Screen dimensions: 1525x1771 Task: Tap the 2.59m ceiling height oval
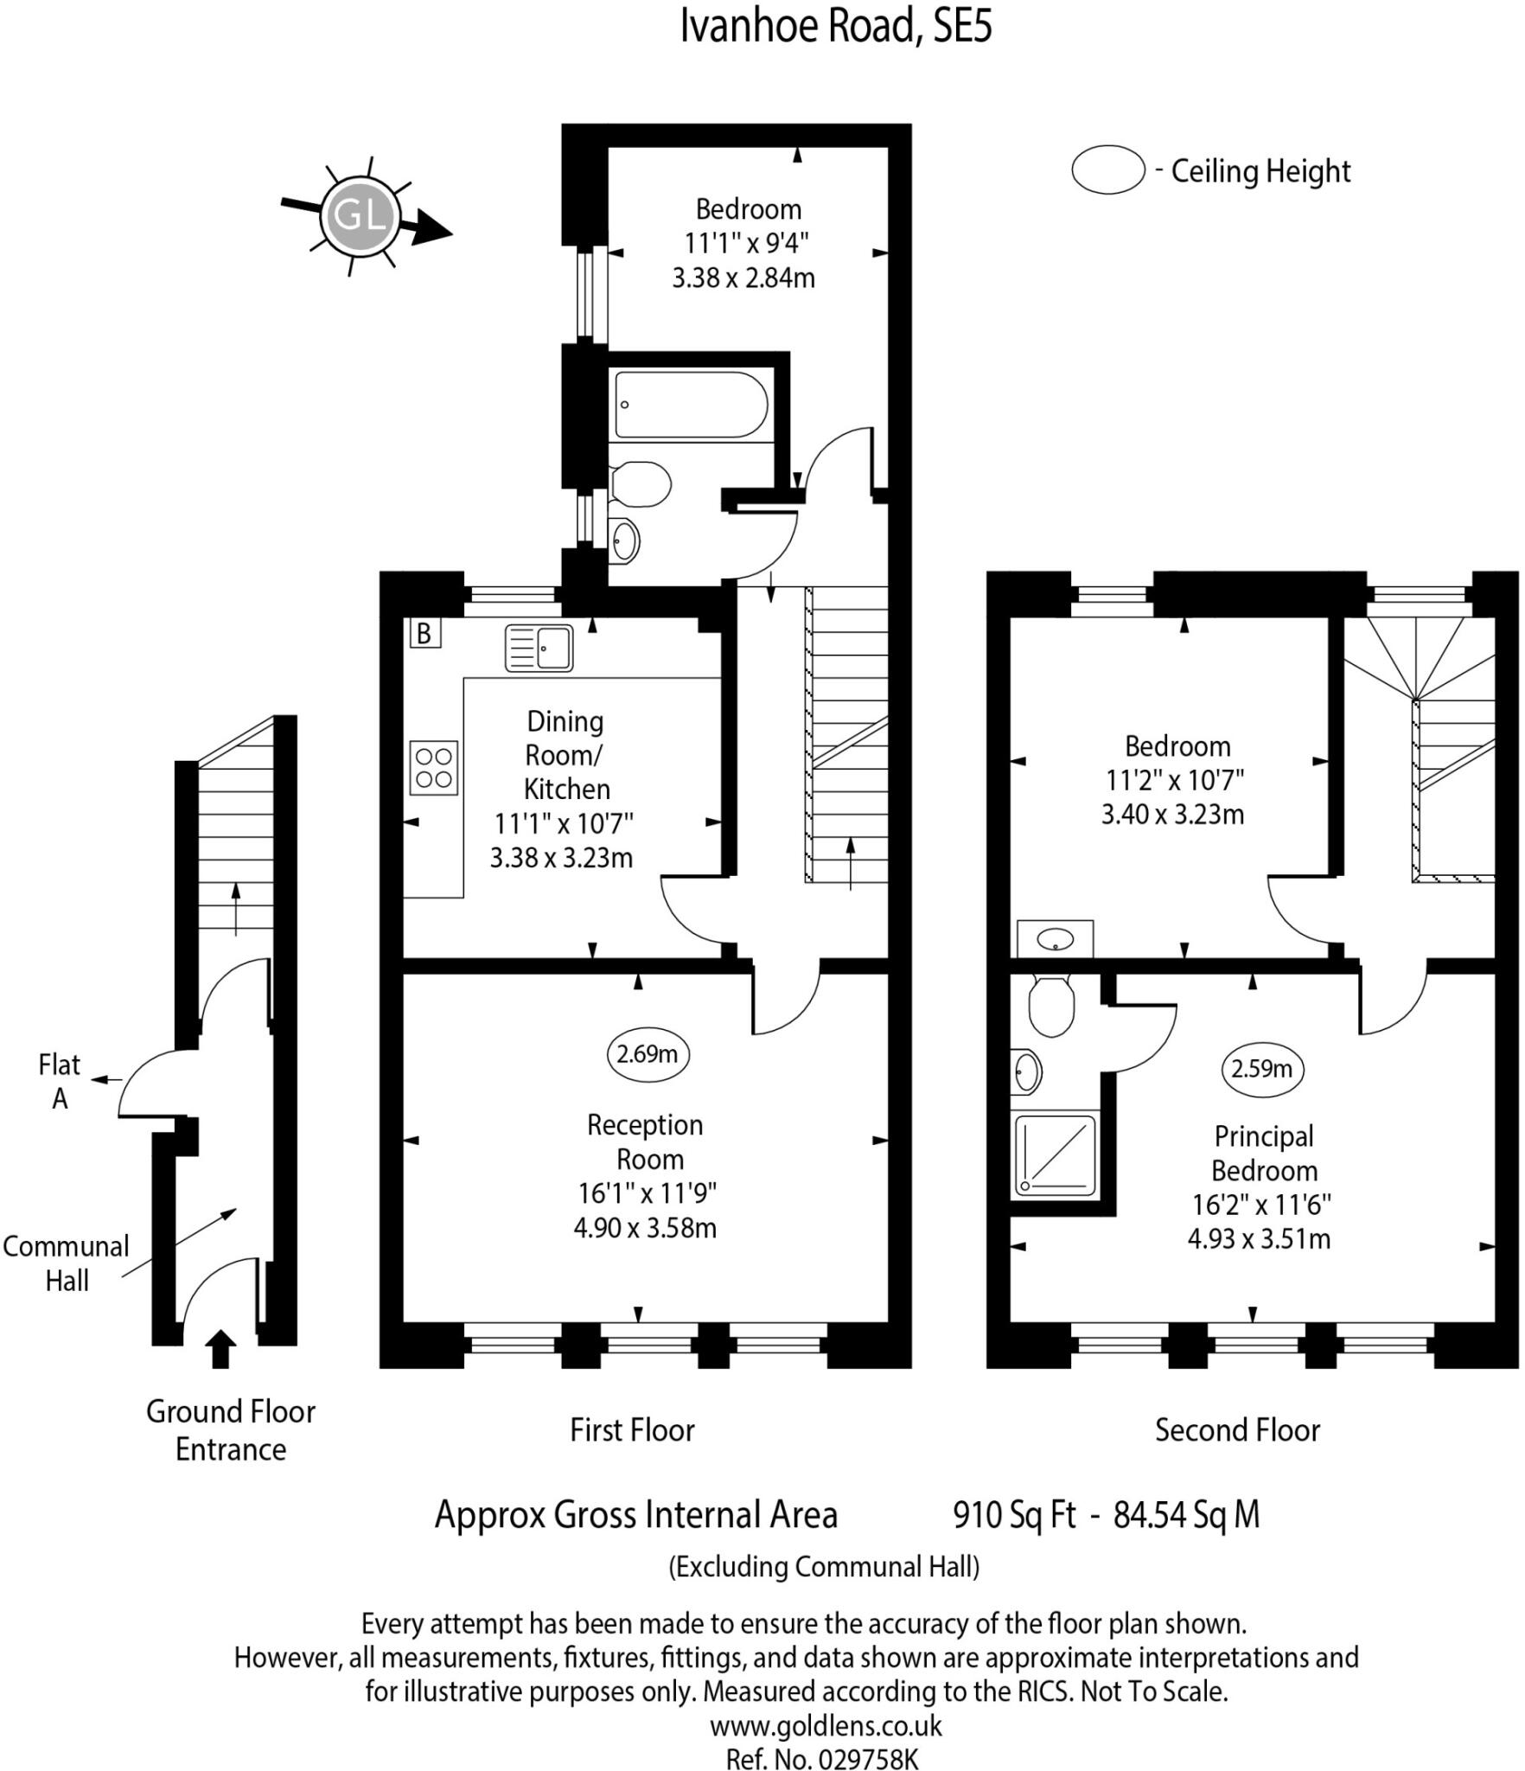(x=1262, y=1069)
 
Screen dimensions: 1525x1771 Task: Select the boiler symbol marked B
(x=424, y=633)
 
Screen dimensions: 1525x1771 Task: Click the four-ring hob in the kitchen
(x=433, y=767)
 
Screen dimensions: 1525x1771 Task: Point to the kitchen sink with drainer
(x=539, y=648)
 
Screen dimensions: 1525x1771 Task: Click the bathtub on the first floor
(x=691, y=405)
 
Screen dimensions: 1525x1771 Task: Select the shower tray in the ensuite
(x=1055, y=1157)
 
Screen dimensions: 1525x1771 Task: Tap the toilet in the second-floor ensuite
(x=1050, y=1005)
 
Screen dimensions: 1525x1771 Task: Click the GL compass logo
(x=359, y=215)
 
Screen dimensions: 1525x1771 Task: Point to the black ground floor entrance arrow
(x=221, y=1348)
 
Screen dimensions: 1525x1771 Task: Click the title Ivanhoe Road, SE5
(x=836, y=26)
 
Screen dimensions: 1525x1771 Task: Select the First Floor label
(x=632, y=1429)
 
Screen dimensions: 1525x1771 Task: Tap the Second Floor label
(x=1237, y=1429)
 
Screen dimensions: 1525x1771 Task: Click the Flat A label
(x=59, y=1081)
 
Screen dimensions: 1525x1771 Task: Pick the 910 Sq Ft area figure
(x=1014, y=1514)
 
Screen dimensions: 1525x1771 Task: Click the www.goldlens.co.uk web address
(x=826, y=1726)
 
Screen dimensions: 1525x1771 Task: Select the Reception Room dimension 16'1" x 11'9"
(x=647, y=1193)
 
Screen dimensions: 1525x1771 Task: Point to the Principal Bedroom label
(x=1264, y=1153)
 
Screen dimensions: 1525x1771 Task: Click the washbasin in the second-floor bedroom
(x=1056, y=938)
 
